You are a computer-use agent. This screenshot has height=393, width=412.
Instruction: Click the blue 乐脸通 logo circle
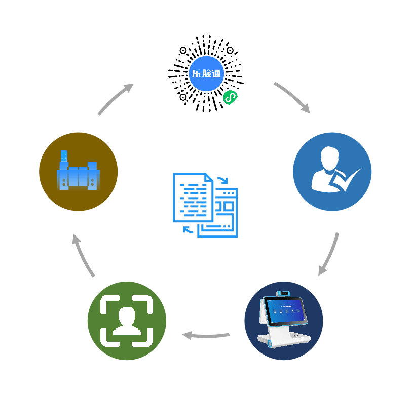pos(206,73)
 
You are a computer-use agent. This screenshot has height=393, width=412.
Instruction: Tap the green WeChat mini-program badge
pos(230,97)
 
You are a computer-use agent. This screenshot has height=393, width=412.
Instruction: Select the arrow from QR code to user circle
pos(293,97)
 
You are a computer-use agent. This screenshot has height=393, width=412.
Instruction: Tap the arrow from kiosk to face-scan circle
pos(206,335)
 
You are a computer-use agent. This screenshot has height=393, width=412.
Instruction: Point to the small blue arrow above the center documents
pos(223,180)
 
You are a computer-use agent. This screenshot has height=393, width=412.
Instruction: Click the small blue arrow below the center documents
pos(189,230)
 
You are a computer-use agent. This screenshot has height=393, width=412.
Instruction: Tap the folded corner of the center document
pos(209,178)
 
